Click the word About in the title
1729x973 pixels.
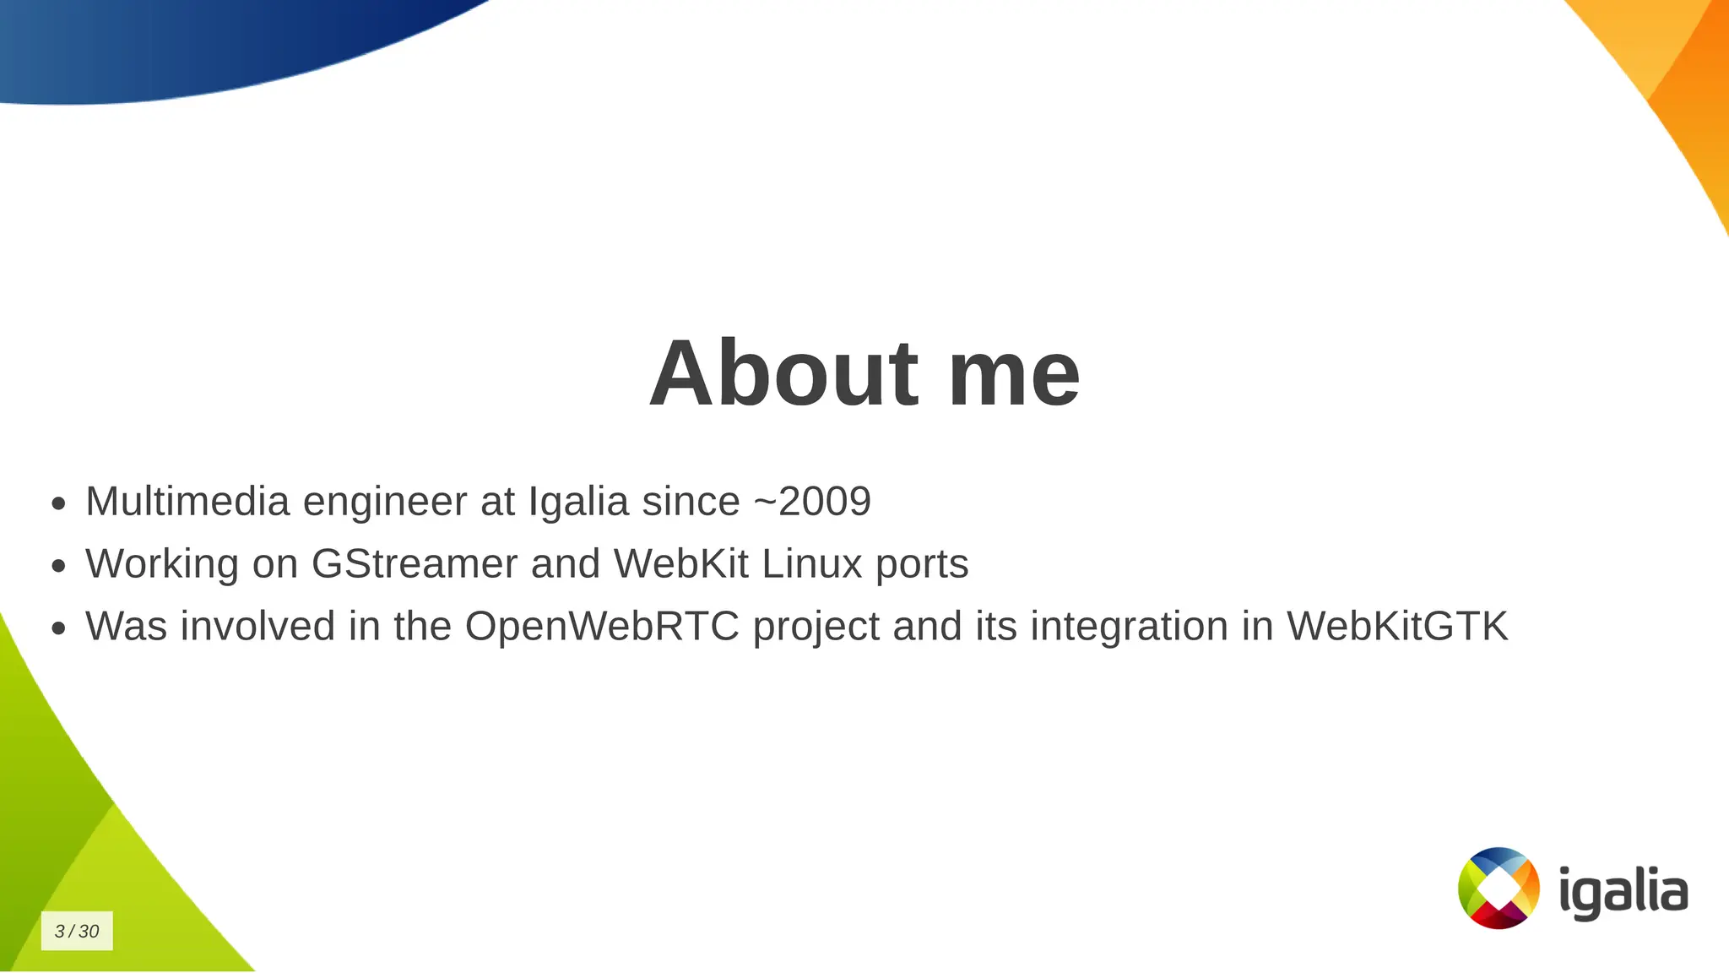pyautogui.click(x=783, y=373)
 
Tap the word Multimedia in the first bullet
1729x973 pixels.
pyautogui.click(x=187, y=501)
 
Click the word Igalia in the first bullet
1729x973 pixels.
pyautogui.click(x=578, y=501)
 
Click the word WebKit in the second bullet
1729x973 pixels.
pyautogui.click(x=680, y=563)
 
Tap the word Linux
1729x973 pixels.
pyautogui.click(x=811, y=563)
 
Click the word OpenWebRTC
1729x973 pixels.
pyautogui.click(x=601, y=627)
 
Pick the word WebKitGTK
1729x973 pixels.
pyautogui.click(x=1396, y=627)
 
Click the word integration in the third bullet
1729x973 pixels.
pyautogui.click(x=1129, y=627)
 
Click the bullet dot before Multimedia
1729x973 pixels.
pyautogui.click(x=58, y=504)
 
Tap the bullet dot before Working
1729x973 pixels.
pyautogui.click(x=58, y=566)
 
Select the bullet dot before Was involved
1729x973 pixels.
pyautogui.click(x=58, y=628)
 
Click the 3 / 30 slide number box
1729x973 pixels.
pyautogui.click(x=77, y=931)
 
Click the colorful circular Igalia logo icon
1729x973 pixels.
pyautogui.click(x=1499, y=888)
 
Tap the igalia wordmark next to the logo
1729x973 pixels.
pyautogui.click(x=1623, y=892)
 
